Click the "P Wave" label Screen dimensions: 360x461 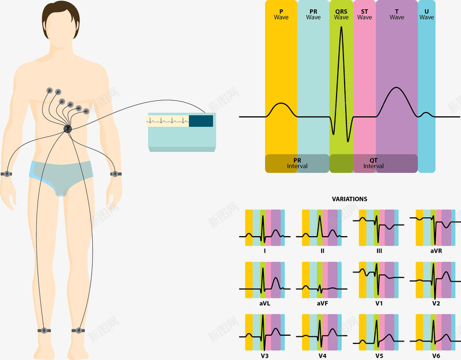coord(281,14)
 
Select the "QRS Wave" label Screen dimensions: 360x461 coord(341,14)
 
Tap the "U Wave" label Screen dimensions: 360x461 coord(426,14)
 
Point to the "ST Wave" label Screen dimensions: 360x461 coord(364,14)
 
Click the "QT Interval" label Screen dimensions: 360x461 coord(373,164)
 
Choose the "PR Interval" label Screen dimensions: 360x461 coord(297,164)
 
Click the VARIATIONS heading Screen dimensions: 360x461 coord(349,199)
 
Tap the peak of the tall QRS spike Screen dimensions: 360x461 coord(341,27)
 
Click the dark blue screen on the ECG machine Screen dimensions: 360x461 coord(201,121)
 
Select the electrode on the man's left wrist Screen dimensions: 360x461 coord(116,173)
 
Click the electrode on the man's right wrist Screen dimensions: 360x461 coord(7,173)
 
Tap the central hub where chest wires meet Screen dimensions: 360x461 coord(67,130)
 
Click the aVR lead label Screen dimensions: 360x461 coord(436,251)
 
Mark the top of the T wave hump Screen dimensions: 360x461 coord(396,88)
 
